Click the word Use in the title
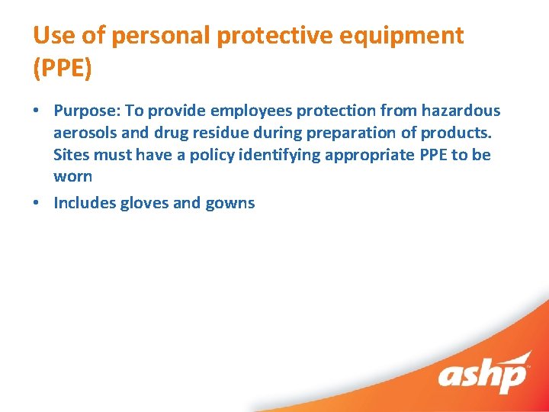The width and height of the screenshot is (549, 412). pyautogui.click(x=50, y=35)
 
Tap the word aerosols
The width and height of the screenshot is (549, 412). pyautogui.click(x=85, y=133)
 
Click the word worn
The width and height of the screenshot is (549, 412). pyautogui.click(x=72, y=177)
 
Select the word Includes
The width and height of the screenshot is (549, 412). pyautogui.click(x=85, y=203)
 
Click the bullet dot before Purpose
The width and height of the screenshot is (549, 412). pyautogui.click(x=37, y=111)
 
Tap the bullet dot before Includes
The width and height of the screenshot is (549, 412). pyautogui.click(x=37, y=203)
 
